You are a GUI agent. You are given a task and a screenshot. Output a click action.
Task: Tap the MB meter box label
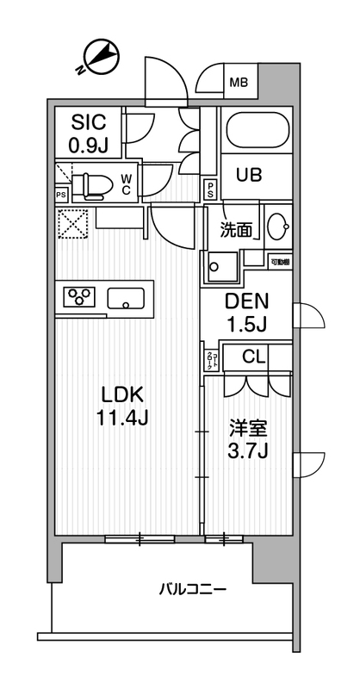(x=238, y=84)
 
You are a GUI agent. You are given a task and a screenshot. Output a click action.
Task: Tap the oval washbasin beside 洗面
(x=276, y=227)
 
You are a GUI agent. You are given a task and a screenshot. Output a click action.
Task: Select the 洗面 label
(x=236, y=230)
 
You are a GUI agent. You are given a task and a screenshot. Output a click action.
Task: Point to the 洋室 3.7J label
(x=246, y=438)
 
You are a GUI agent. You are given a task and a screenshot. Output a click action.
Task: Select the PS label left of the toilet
(x=60, y=195)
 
